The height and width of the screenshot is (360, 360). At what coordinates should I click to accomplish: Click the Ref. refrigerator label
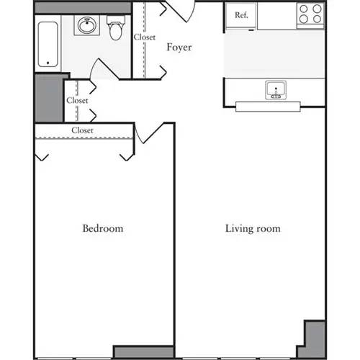click(241, 15)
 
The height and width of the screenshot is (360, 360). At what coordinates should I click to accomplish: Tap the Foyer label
click(179, 48)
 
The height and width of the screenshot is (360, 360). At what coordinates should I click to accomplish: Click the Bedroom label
click(102, 229)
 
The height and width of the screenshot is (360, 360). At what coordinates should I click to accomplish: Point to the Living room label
click(253, 229)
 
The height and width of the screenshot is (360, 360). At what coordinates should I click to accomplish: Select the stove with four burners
click(310, 15)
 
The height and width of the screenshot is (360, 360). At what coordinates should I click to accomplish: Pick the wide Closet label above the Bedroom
click(83, 130)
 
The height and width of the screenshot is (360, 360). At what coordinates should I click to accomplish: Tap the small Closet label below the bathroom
click(77, 101)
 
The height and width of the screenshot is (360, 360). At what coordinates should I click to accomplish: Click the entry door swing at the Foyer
click(180, 10)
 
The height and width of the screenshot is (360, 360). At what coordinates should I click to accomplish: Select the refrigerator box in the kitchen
click(241, 17)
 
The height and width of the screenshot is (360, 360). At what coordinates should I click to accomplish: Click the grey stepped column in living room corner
click(314, 338)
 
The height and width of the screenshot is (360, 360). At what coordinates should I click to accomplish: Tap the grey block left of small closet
click(49, 97)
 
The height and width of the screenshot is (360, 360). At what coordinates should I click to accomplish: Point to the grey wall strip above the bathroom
click(83, 7)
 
